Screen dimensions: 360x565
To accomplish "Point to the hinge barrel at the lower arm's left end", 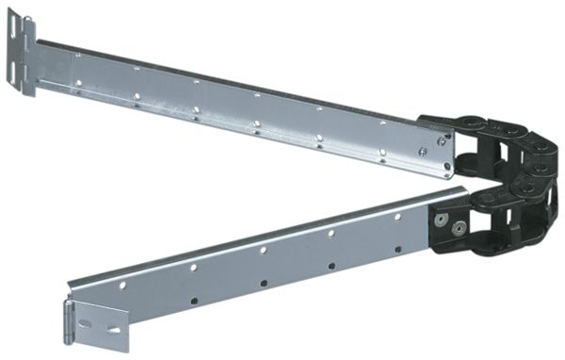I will point(69,316).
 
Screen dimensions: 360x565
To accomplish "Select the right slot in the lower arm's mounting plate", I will point(114,330).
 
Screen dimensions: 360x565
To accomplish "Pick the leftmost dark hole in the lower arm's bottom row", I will point(195,301).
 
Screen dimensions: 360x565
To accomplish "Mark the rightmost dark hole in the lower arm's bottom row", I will point(398,250).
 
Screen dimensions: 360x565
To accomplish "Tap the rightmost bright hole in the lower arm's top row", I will point(397,217).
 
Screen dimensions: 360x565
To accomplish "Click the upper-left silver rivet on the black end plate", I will point(441,220).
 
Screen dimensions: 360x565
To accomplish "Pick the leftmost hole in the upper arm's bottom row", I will point(76,88).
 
